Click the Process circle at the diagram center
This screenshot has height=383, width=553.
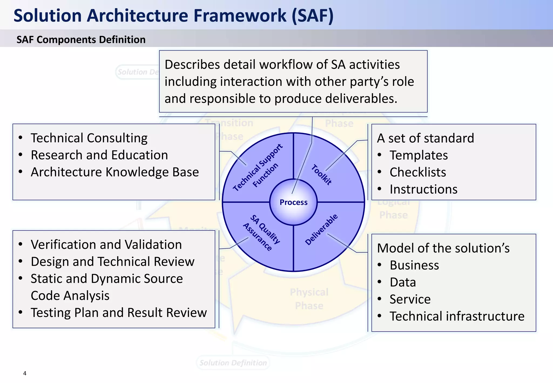coord(294,202)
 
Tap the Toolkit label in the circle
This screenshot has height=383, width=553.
coord(321,175)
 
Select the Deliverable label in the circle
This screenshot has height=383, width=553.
coord(321,229)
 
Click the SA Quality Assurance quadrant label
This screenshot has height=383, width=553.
coord(261,233)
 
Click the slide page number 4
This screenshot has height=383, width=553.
coord(25,373)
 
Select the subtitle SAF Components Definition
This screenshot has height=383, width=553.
coord(81,40)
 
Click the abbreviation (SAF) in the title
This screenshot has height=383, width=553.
coord(312,15)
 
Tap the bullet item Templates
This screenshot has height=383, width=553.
coord(419,155)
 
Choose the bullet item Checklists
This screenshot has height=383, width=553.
coord(418,172)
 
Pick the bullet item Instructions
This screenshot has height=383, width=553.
coord(423,189)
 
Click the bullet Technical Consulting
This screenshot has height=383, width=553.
coord(89,138)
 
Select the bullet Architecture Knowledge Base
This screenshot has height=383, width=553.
coord(115,172)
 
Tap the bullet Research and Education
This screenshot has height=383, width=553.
coord(99,155)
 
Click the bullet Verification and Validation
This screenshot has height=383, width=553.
coord(106,244)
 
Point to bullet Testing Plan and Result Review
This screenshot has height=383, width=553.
coord(119,313)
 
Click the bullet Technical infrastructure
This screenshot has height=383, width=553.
coord(457,316)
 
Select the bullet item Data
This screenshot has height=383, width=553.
coord(403,282)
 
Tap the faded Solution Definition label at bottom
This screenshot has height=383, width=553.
coord(233,363)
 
